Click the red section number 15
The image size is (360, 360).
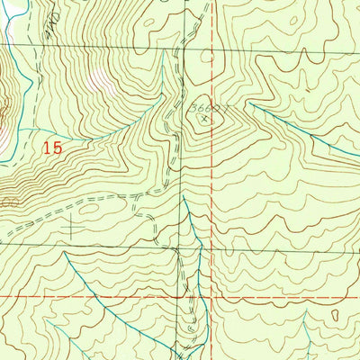coord(52,147)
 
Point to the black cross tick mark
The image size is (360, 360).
coord(71,229)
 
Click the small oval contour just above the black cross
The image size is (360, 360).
coord(89,209)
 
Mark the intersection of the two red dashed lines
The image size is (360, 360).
coord(213,295)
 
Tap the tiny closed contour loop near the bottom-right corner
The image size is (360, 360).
coord(335,317)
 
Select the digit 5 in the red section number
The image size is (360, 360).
coord(58,147)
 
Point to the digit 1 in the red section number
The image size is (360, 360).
coord(46,147)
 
